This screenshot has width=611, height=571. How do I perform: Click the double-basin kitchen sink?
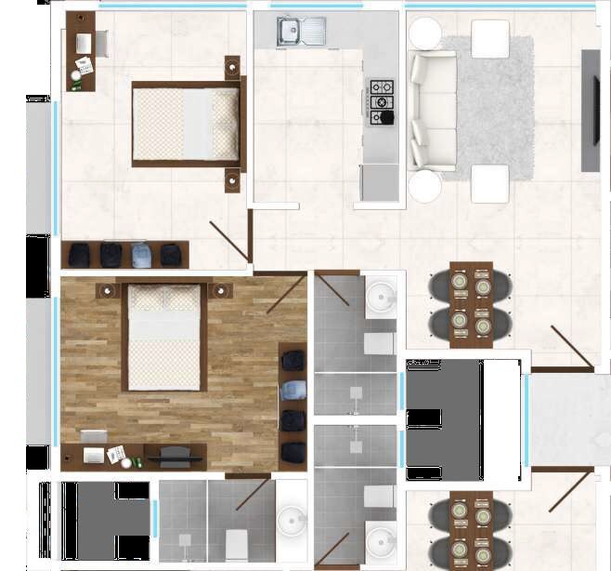coord(301,32)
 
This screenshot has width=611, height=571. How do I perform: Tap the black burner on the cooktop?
coord(383,117)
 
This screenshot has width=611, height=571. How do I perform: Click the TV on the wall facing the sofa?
coord(591,110)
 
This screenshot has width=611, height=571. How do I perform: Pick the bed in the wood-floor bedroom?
coord(163,335)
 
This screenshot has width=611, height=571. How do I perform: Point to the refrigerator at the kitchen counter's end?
coord(379,181)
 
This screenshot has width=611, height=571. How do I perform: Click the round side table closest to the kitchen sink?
coord(426,34)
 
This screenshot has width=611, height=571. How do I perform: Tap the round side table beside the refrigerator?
coord(425,186)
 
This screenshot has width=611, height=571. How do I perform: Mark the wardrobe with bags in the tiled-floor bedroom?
coord(125,254)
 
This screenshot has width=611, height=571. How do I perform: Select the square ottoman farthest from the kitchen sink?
coord(489,183)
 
